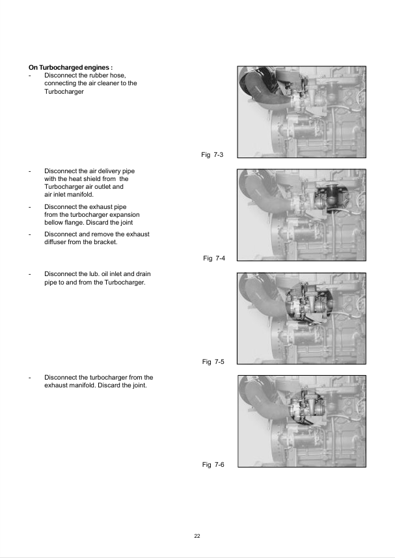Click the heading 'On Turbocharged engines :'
pyautogui.click(x=71, y=67)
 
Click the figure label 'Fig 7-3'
pyautogui.click(x=212, y=154)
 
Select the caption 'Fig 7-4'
pyautogui.click(x=214, y=258)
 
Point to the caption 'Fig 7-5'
pyautogui.click(x=213, y=361)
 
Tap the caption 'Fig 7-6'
pyautogui.click(x=213, y=464)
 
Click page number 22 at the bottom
pyautogui.click(x=197, y=536)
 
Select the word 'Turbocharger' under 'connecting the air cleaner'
pyautogui.click(x=64, y=91)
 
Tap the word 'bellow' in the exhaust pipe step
pyautogui.click(x=54, y=223)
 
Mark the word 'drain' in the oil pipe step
pyautogui.click(x=143, y=273)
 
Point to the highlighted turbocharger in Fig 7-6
pyautogui.click(x=306, y=406)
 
